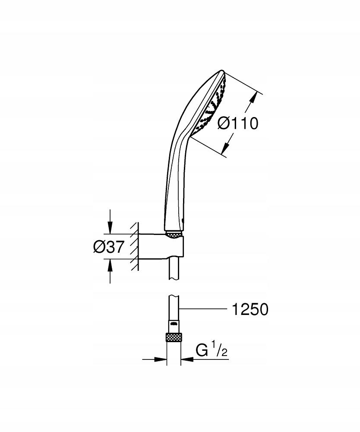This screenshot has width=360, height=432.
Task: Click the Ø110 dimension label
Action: [x=237, y=124]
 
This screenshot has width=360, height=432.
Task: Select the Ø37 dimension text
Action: [x=109, y=247]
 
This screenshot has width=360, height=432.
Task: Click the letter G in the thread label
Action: [x=202, y=350]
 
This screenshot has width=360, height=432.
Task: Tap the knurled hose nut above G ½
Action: [x=174, y=338]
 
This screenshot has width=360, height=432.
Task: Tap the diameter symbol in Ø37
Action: [x=98, y=247]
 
